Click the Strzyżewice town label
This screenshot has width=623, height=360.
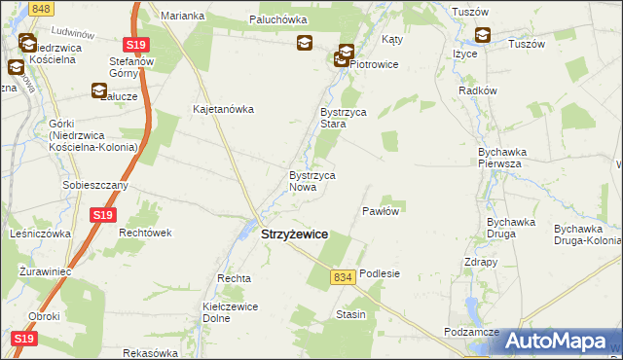(294, 235)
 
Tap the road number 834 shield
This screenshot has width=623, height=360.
(342, 277)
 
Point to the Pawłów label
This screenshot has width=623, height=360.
(381, 211)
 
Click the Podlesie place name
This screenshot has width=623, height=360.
(380, 274)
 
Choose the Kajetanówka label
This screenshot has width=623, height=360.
(224, 109)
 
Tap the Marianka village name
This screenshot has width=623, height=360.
(183, 17)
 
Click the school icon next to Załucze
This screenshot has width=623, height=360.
(99, 91)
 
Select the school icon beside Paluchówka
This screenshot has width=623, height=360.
(305, 44)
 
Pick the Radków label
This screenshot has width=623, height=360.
(478, 90)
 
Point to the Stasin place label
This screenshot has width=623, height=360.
(350, 314)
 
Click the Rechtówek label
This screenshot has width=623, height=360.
(145, 233)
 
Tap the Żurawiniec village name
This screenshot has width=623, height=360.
(45, 270)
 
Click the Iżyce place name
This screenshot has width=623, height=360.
(463, 54)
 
